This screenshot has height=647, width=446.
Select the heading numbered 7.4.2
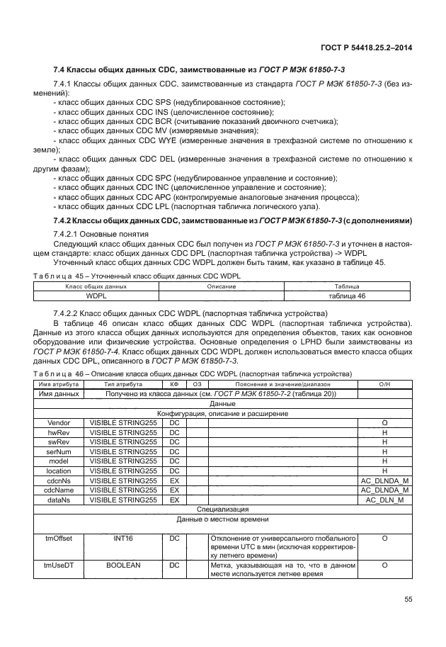click(x=233, y=220)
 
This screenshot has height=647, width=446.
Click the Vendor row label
click(x=57, y=422)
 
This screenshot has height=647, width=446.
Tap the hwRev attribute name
click(x=57, y=432)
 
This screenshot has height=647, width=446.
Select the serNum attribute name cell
click(x=57, y=451)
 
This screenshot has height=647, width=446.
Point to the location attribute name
click(x=57, y=470)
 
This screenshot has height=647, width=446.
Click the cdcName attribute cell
click(x=57, y=489)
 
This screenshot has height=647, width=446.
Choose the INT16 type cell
click(x=123, y=538)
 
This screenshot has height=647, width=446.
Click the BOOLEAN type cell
click(x=123, y=566)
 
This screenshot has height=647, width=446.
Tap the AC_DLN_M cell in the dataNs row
click(x=384, y=499)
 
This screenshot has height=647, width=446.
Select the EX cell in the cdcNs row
click(x=174, y=480)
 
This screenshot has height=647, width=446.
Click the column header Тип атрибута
click(x=123, y=384)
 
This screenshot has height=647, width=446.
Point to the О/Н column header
click(x=384, y=384)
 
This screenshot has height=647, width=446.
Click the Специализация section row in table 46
click(x=223, y=509)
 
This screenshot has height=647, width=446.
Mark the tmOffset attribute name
click(x=57, y=538)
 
